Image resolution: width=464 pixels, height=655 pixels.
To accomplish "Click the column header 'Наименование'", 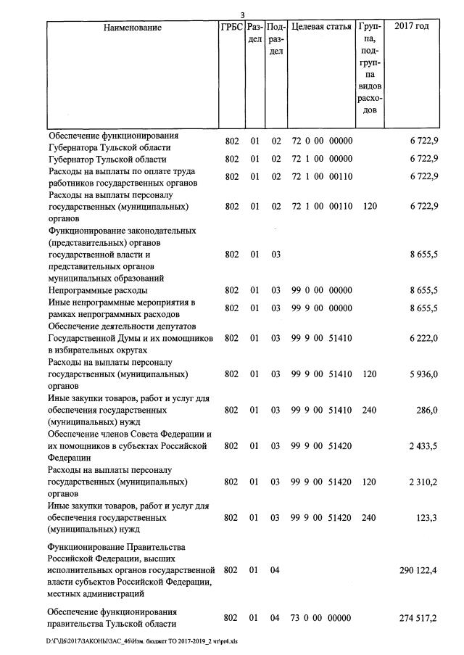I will coord(132,28).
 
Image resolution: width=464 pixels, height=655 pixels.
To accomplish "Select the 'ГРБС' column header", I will coord(231,28).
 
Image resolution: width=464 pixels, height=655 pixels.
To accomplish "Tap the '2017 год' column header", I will coord(411,27).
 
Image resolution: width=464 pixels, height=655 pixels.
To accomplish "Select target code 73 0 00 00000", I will coord(321,617).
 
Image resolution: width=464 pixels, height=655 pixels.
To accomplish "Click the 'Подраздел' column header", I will coord(275,39).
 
